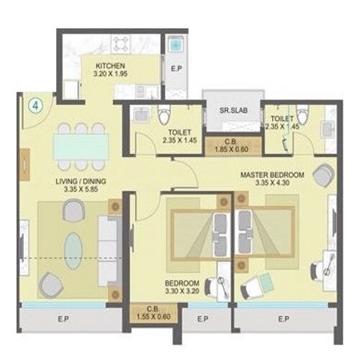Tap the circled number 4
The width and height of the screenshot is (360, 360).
(35, 104)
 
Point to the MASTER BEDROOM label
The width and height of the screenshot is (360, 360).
(271, 175)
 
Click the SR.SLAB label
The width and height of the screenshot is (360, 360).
(225, 112)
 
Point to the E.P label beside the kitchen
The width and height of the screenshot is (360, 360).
(176, 68)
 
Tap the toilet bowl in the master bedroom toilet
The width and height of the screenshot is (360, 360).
(302, 114)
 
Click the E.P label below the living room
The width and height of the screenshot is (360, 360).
(65, 319)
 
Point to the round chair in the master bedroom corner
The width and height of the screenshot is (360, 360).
(323, 174)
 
